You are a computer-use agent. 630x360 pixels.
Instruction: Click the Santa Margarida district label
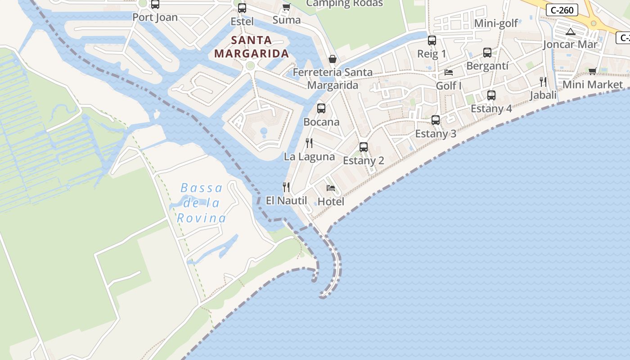point(251,47)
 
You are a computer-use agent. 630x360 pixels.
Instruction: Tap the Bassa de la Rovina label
point(202,203)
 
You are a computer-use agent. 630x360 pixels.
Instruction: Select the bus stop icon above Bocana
point(321,108)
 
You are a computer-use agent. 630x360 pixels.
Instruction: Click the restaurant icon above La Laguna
point(309,143)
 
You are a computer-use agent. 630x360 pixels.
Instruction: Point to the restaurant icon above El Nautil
point(286,187)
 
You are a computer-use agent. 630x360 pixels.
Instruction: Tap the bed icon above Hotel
point(331,188)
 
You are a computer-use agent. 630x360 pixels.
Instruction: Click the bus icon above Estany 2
point(364,147)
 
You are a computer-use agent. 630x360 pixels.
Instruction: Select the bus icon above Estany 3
point(435,120)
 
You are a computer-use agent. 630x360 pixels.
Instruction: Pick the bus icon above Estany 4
point(491,95)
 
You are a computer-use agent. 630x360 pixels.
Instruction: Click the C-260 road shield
point(562,10)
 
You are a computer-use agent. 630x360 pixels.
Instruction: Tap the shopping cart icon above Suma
point(286,7)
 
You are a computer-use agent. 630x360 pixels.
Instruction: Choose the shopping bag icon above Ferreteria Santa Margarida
point(332,58)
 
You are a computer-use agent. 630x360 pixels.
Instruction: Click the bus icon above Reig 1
point(432,40)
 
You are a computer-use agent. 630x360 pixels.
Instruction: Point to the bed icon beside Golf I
point(449,72)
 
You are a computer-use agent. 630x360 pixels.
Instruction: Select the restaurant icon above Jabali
point(543,81)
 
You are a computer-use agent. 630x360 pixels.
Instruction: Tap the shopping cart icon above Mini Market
point(593,71)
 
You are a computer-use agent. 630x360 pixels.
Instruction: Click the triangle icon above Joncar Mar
point(570,31)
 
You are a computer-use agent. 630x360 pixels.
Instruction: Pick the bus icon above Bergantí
point(487,53)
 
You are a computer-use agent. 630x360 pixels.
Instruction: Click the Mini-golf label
point(496,23)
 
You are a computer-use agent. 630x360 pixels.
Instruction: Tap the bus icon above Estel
point(242,8)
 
